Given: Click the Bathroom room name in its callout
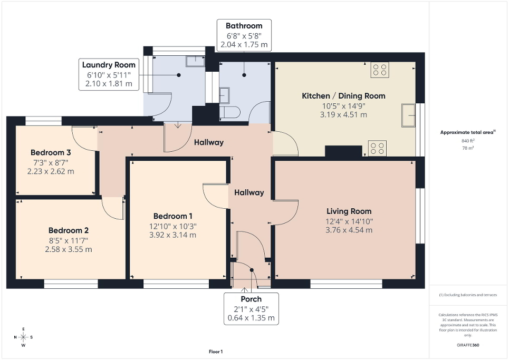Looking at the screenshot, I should (x=244, y=26).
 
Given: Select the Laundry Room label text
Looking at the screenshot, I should (x=109, y=65).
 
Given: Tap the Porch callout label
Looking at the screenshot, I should (x=251, y=299).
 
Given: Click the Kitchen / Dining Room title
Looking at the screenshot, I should (x=343, y=96).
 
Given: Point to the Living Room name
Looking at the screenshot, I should (x=349, y=211).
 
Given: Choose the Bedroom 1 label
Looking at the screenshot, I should (x=172, y=216).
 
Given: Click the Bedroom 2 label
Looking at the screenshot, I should (x=69, y=230).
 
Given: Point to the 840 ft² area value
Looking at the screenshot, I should (x=468, y=141).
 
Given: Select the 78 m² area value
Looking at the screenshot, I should (x=468, y=149).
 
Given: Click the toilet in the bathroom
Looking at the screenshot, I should (x=232, y=111).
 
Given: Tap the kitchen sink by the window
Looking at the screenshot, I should (x=408, y=115).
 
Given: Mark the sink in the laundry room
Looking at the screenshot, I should (x=195, y=61).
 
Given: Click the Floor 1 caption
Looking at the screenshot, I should (x=216, y=352).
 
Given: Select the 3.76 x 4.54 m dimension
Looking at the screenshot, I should (x=349, y=230).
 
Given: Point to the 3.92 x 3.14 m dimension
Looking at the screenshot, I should (x=172, y=235).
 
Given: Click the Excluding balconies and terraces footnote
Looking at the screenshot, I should (x=468, y=295).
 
